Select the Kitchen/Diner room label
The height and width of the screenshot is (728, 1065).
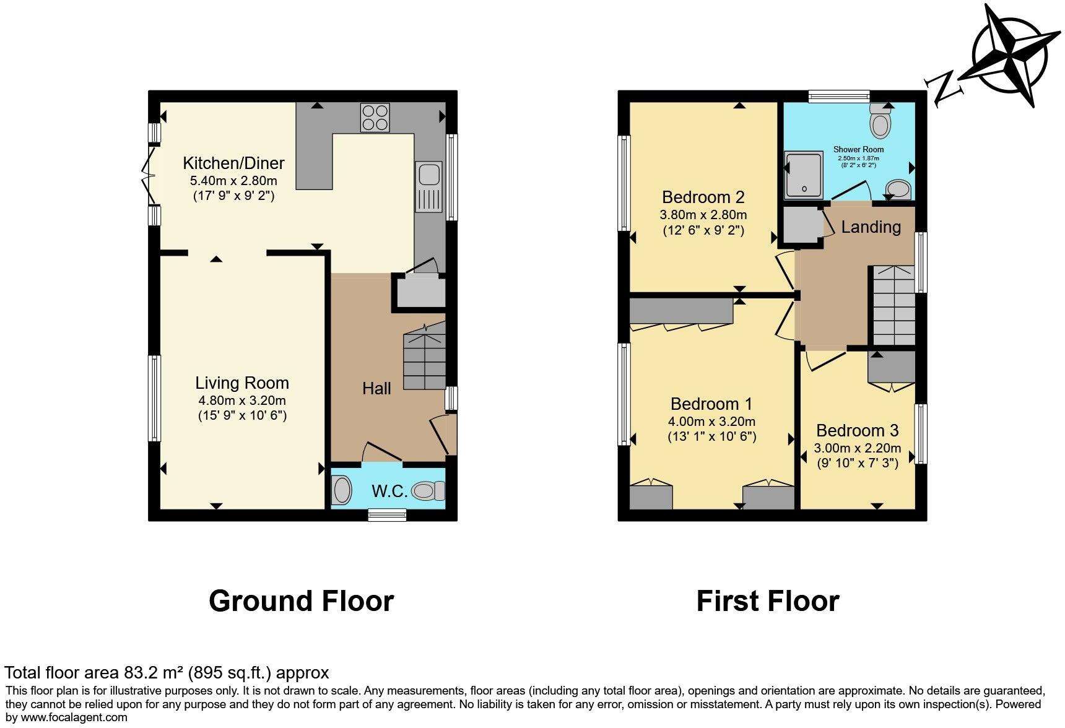[233, 163]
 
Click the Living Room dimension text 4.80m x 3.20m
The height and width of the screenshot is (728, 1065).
[242, 400]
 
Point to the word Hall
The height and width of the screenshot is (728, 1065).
[376, 388]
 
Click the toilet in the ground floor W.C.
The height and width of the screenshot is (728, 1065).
[428, 491]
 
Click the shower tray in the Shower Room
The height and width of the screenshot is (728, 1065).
[802, 175]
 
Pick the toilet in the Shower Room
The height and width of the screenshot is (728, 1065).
[879, 122]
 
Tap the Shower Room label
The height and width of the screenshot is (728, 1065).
[858, 149]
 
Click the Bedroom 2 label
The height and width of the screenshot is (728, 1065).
[703, 197]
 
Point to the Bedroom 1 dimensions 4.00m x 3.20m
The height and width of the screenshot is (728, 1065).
[711, 422]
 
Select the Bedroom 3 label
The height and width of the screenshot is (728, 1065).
[857, 430]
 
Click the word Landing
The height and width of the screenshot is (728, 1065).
[871, 227]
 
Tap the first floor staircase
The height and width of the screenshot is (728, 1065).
[893, 305]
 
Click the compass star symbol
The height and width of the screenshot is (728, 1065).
[1010, 55]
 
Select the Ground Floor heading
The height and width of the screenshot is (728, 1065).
[301, 600]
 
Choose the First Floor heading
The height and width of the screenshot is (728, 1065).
[768, 600]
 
